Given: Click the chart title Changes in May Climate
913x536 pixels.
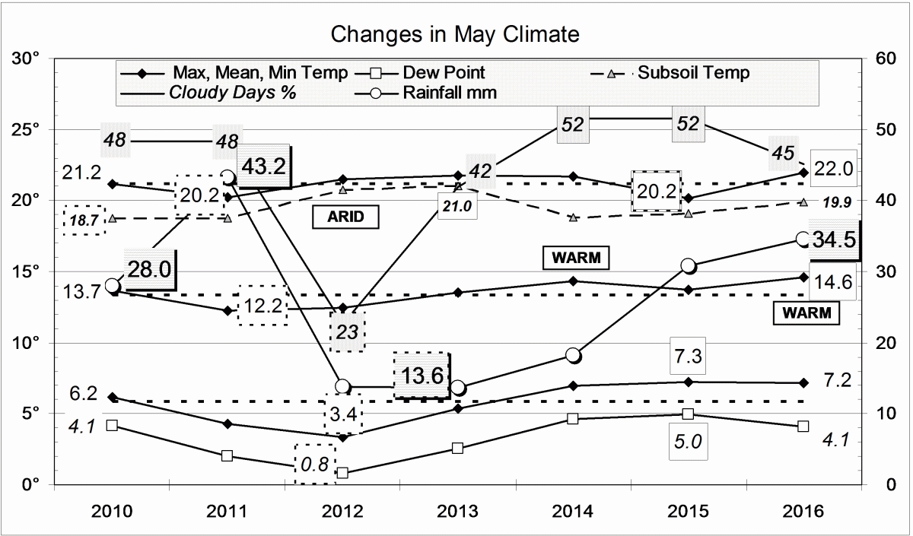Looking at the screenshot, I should coord(455,34).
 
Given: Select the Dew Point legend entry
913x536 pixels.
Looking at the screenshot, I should coord(444,73).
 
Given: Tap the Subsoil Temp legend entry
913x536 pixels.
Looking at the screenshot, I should coord(693,73).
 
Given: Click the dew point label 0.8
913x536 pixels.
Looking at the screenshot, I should coord(314,464).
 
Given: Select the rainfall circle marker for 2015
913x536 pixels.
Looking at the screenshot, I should coord(688,265).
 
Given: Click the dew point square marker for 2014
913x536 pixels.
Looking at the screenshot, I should coord(573,418).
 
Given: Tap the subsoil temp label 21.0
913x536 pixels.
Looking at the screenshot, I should coord(457,206).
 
